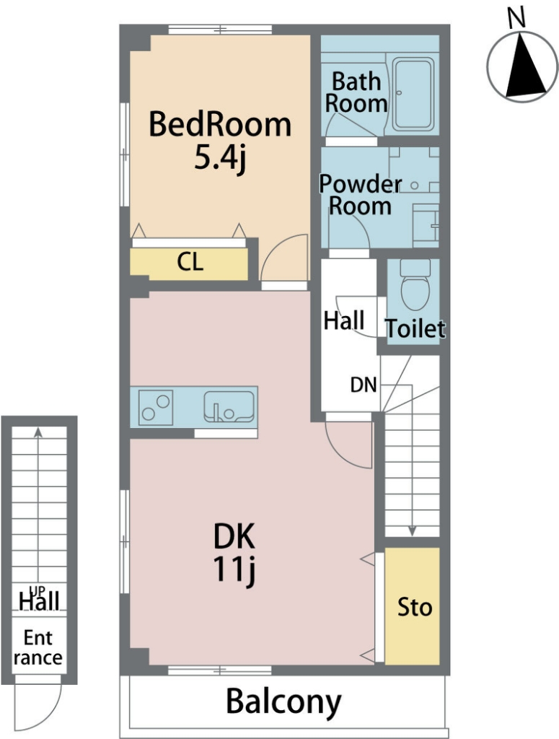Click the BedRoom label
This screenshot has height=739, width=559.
pos(220,124)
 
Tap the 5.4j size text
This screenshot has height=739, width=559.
pos(220,159)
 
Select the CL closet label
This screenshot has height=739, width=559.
pos(190,261)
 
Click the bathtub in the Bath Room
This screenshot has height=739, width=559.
pos(413,94)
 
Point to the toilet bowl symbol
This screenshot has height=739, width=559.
pos(415,284)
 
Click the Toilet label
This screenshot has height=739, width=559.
pos(415,328)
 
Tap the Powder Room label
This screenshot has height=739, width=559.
pos(360,195)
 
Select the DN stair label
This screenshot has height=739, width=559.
pos(364,385)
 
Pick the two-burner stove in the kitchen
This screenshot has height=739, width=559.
pos(156,408)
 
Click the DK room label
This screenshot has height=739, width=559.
pos(234,536)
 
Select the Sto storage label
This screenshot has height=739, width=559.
pos(415,607)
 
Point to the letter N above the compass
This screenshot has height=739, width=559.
pos(516,18)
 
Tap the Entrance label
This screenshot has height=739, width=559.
pos(38,647)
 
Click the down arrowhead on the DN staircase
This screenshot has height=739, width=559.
pos(412,531)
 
